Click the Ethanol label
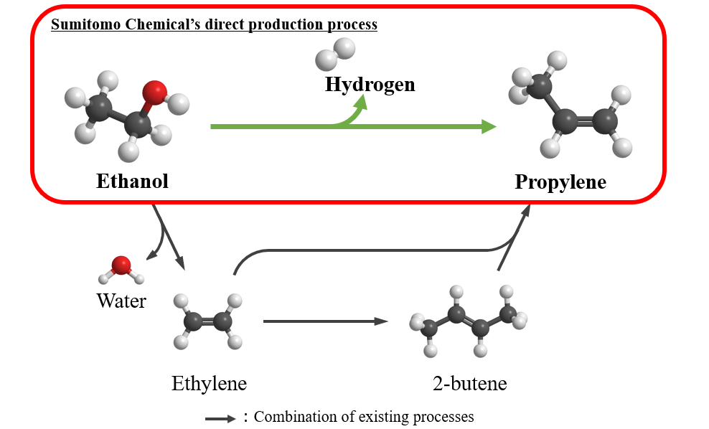[132, 181]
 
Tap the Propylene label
[560, 182]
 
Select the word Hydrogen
[370, 85]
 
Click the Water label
[121, 301]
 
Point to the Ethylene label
[209, 383]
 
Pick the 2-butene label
[469, 383]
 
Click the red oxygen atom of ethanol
[154, 92]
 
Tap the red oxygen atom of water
[121, 265]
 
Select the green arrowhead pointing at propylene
[489, 127]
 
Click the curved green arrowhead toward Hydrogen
[361, 102]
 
